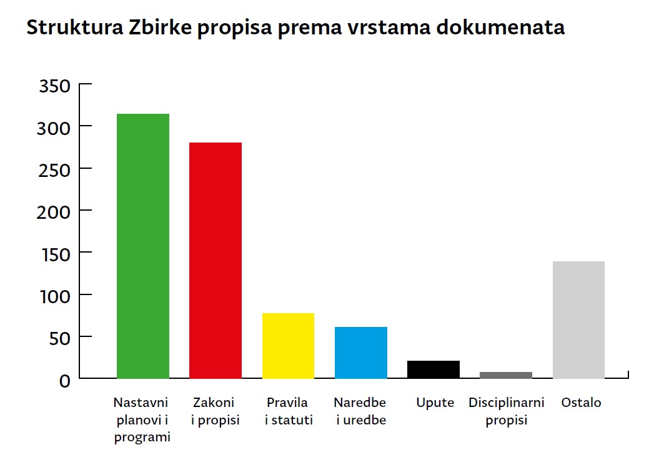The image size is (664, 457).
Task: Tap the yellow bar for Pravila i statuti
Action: click(288, 346)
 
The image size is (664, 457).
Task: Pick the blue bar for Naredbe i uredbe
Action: click(361, 353)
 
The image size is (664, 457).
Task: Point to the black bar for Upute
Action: click(434, 369)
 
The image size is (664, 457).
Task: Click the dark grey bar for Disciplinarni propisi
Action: click(506, 375)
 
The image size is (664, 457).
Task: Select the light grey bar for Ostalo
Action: click(578, 319)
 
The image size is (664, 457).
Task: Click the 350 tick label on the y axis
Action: click(55, 86)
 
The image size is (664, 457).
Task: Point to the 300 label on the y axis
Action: click(55, 128)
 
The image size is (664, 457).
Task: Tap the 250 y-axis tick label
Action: click(55, 169)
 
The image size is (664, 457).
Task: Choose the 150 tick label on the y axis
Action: click(55, 254)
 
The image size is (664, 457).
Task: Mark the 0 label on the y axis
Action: click(65, 380)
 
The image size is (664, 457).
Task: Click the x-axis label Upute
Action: click(435, 403)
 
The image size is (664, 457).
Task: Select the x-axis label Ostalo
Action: click(581, 403)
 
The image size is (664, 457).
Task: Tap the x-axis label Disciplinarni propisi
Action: click(507, 411)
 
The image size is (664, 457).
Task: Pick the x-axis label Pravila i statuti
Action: click(289, 411)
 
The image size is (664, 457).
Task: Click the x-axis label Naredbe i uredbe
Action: click(360, 411)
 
